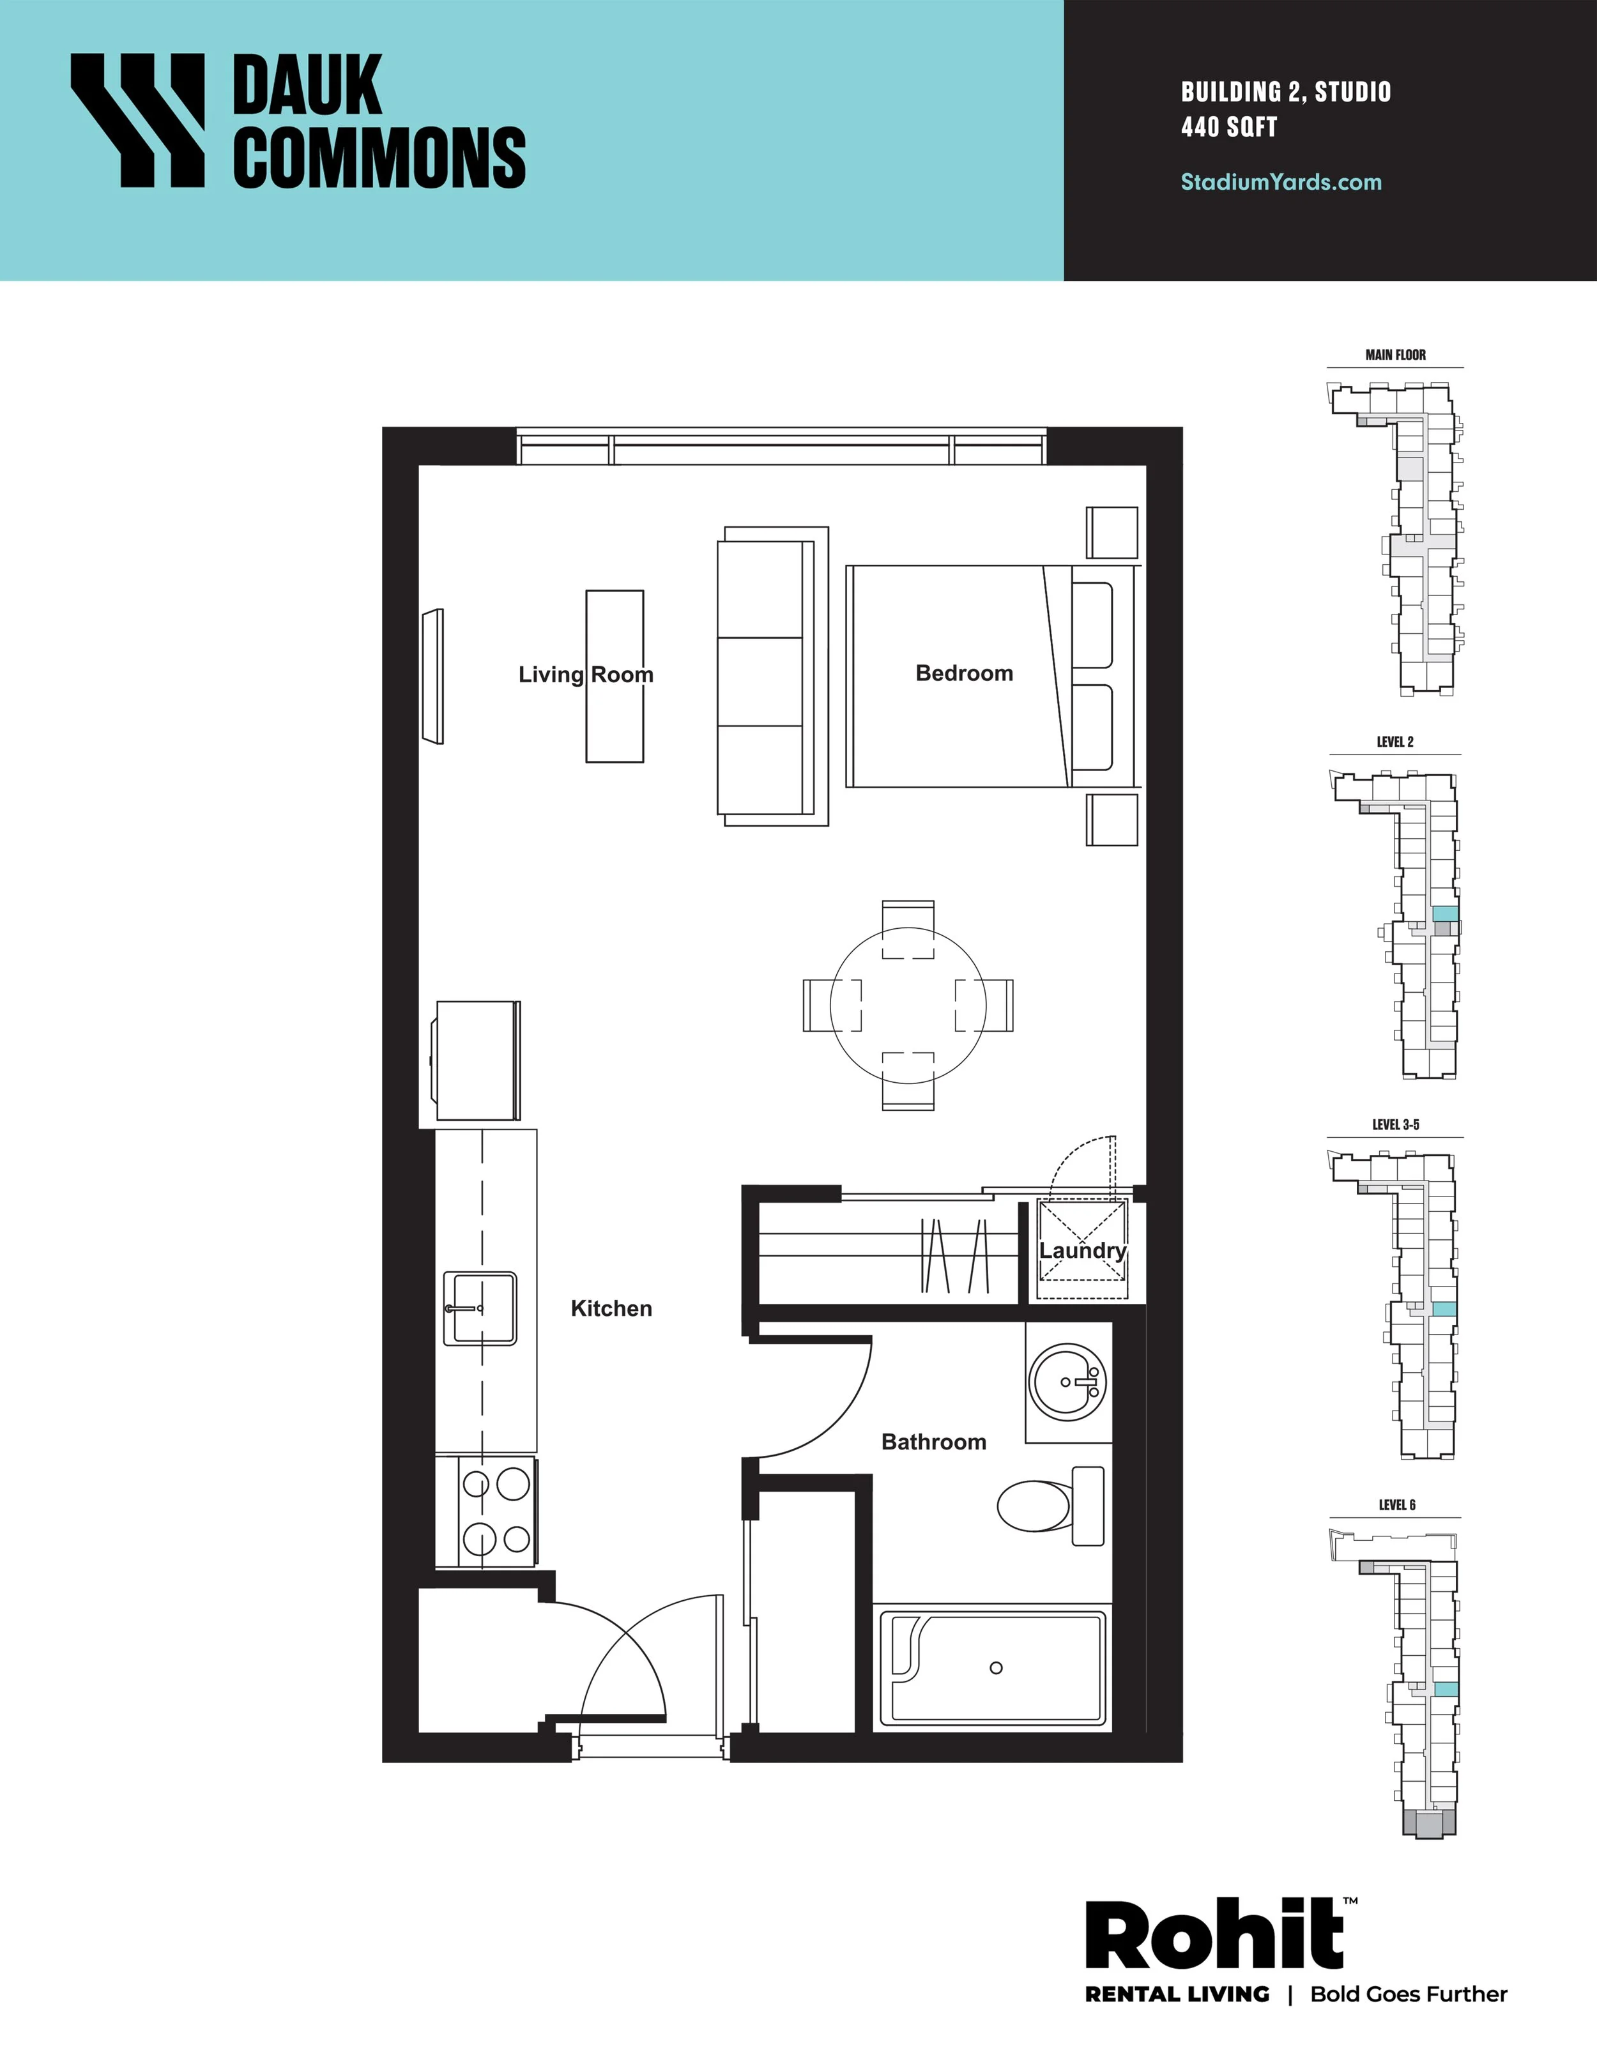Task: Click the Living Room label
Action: click(x=586, y=675)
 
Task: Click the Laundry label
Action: click(x=1083, y=1251)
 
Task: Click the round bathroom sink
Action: click(x=1069, y=1382)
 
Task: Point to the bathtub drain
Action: click(x=996, y=1668)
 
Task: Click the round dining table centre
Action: click(x=908, y=1005)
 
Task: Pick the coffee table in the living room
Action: click(x=615, y=677)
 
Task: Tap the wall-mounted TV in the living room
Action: click(x=433, y=676)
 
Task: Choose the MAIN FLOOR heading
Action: click(x=1396, y=355)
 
